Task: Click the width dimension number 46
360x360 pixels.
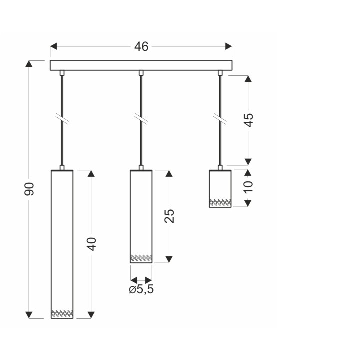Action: pos(141,47)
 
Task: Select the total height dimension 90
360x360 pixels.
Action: pos(29,189)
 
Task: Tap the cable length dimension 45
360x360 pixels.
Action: pos(248,120)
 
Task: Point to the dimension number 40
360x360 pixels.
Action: pos(91,244)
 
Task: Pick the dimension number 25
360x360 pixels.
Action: pos(169,215)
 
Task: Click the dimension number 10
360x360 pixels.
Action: pos(248,187)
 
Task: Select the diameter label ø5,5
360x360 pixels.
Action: pos(141,290)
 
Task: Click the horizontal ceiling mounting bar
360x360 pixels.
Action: pos(141,65)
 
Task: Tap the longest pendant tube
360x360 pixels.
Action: pos(62,240)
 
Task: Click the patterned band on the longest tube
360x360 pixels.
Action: pos(62,313)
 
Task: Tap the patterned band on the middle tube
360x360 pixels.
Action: pos(141,258)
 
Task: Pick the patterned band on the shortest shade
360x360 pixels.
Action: pos(220,202)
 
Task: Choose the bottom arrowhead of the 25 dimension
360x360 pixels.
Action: pos(169,259)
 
